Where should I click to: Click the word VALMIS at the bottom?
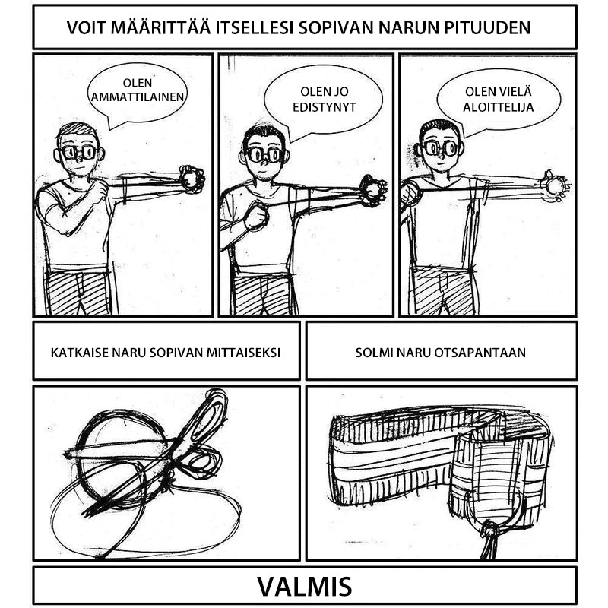304,587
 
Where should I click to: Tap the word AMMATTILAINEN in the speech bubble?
138,97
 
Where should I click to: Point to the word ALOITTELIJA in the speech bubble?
498,107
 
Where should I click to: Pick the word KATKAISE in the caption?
79,353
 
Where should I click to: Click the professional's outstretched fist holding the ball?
192,179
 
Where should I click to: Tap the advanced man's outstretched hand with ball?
373,189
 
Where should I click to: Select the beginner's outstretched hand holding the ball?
554,185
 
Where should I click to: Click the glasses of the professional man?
79,152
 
